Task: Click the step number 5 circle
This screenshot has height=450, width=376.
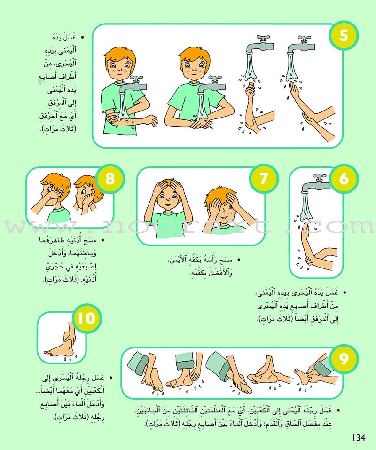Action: point(344,35)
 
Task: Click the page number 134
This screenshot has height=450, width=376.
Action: point(359,438)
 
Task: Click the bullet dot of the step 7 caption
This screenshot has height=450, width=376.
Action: point(238,259)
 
